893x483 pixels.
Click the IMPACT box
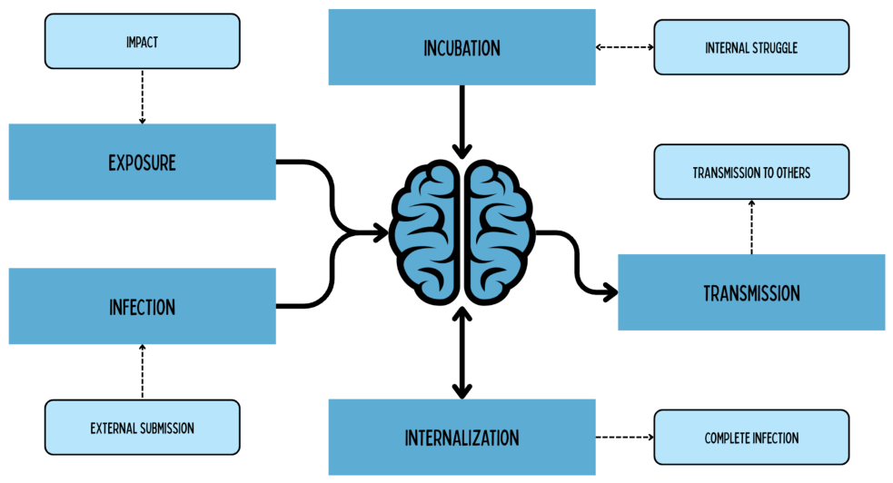pos(143,42)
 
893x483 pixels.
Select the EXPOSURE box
pos(143,163)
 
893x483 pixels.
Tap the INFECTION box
pos(143,307)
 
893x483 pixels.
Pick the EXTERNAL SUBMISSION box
pos(143,428)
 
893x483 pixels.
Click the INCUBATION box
pos(461,47)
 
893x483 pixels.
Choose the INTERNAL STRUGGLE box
pos(751,47)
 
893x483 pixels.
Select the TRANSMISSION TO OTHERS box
pos(751,172)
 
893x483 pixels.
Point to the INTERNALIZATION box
pos(461,438)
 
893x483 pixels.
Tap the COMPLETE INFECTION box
pos(751,438)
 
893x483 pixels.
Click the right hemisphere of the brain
pos(500,232)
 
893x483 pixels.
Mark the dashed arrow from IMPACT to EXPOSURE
pos(143,97)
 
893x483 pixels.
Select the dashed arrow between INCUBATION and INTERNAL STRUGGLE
pos(625,47)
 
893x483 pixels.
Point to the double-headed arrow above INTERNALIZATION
pos(461,353)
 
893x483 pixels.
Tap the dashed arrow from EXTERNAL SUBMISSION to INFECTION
pos(143,371)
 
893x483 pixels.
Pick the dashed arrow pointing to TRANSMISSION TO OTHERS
pos(751,227)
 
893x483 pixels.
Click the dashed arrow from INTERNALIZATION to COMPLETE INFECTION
pos(625,438)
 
